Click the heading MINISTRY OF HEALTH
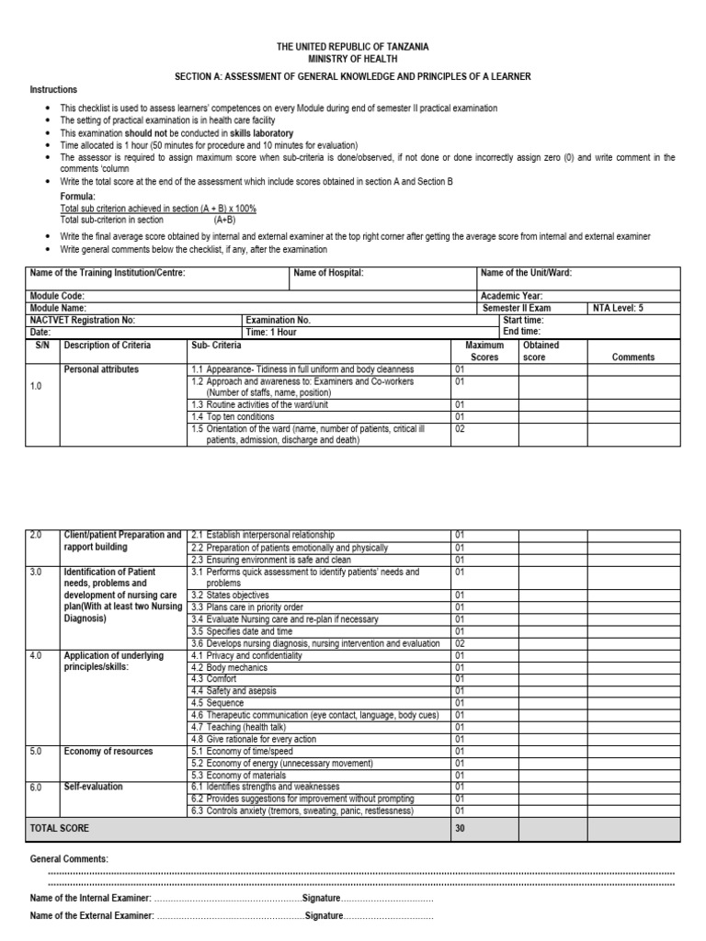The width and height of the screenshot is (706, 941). click(x=353, y=58)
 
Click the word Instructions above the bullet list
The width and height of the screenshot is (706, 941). click(x=54, y=89)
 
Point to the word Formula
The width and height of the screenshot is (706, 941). click(x=78, y=197)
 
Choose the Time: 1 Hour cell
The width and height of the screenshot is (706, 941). click(x=270, y=332)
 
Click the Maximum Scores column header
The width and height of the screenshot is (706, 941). click(x=484, y=351)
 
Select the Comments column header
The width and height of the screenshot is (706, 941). click(x=632, y=357)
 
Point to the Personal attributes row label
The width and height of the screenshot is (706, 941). click(x=101, y=368)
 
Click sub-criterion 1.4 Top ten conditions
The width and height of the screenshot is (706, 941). click(x=232, y=416)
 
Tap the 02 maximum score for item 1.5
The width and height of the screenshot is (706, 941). click(x=461, y=428)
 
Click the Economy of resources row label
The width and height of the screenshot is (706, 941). click(x=108, y=751)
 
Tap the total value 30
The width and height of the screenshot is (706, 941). click(x=461, y=828)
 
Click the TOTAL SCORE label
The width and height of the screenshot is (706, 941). click(x=60, y=828)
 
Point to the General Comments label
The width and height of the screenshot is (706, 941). click(x=69, y=858)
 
